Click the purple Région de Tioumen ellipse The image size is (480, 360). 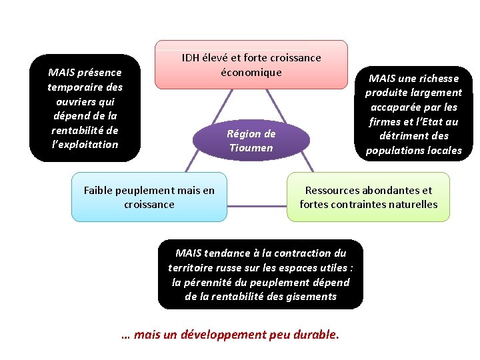(x=251, y=141)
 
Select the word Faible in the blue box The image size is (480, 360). (x=99, y=191)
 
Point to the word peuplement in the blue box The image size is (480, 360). (x=149, y=191)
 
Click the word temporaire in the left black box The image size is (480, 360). (x=85, y=87)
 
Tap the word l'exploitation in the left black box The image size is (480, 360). (x=85, y=145)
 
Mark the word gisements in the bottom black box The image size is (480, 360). (x=311, y=297)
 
